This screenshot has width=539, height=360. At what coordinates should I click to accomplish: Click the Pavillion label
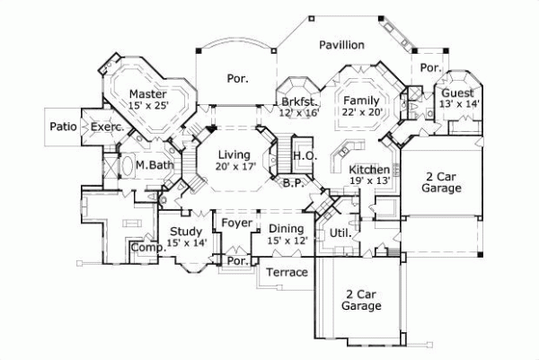pyautogui.click(x=340, y=44)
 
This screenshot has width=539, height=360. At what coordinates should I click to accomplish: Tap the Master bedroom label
pyautogui.click(x=149, y=94)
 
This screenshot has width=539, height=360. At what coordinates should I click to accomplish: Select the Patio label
pyautogui.click(x=63, y=127)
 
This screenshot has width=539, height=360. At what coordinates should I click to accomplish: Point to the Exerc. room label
pyautogui.click(x=107, y=128)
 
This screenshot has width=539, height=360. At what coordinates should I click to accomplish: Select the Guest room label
pyautogui.click(x=457, y=93)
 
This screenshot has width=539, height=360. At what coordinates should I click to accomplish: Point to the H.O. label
pyautogui.click(x=302, y=156)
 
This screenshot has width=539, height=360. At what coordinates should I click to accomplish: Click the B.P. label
pyautogui.click(x=291, y=183)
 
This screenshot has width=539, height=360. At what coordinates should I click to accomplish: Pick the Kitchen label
pyautogui.click(x=369, y=170)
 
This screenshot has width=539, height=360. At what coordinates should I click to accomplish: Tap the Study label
pyautogui.click(x=186, y=232)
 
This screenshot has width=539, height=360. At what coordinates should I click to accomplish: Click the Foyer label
pyautogui.click(x=237, y=223)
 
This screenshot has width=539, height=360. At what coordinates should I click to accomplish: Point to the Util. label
pyautogui.click(x=340, y=233)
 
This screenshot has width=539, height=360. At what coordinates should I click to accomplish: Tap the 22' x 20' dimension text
pyautogui.click(x=362, y=111)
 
